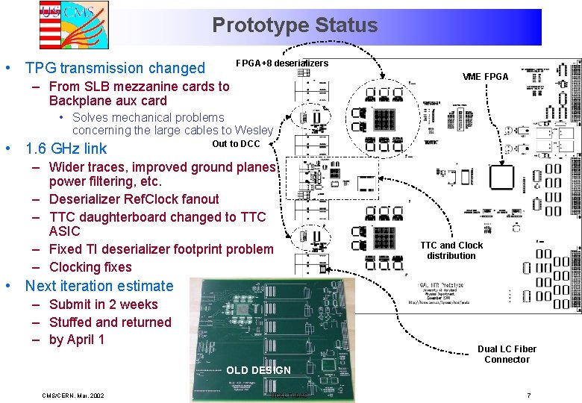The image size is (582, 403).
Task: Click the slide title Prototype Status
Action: pos(295,25)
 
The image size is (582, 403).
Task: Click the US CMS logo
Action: pos(74,24)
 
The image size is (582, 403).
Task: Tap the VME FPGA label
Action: pos(485,77)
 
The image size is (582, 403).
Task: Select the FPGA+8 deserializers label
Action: pos(281,63)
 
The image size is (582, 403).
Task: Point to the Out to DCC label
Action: pos(236,144)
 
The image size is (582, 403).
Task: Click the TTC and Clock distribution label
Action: pos(451,250)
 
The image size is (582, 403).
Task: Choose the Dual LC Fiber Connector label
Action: pos(507,354)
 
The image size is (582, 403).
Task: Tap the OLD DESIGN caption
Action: pos(258,370)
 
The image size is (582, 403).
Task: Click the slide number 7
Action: pos(528,395)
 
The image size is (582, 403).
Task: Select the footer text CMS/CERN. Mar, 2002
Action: pos(73,395)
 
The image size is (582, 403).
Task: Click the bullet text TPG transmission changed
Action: pos(115,68)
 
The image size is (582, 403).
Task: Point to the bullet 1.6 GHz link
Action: pos(66,149)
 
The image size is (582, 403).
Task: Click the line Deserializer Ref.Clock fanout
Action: pos(134,199)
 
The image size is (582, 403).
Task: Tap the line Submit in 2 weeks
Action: pos(104,304)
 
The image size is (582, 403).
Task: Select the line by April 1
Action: pos(77,340)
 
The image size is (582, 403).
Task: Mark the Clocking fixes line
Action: pos(90,267)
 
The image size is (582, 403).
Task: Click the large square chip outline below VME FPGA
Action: pos(501,178)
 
